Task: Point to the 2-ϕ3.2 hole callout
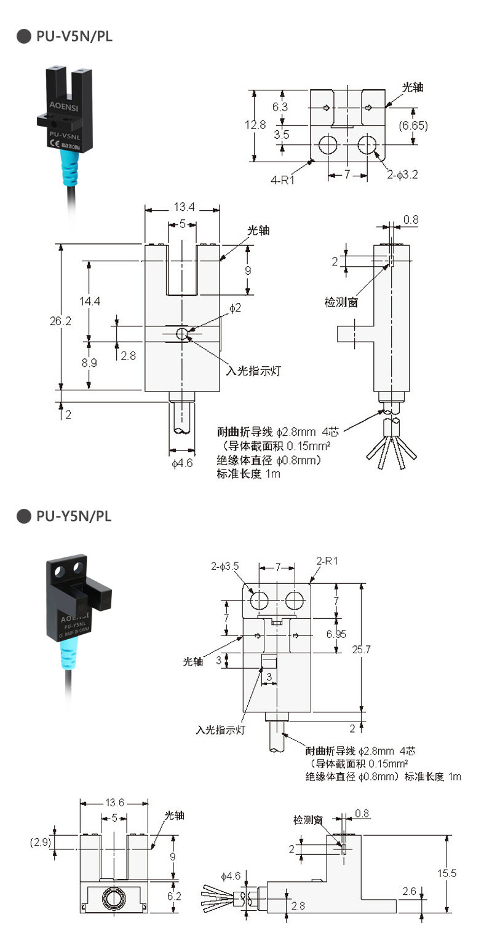click(x=403, y=175)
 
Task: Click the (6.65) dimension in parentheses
click(x=413, y=125)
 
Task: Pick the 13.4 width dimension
click(x=182, y=208)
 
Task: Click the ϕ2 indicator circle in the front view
click(x=182, y=334)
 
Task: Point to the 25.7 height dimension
click(x=379, y=649)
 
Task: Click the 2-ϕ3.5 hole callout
click(x=226, y=565)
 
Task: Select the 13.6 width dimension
click(x=114, y=802)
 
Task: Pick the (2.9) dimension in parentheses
click(x=40, y=841)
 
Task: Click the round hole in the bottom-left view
click(x=113, y=897)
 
